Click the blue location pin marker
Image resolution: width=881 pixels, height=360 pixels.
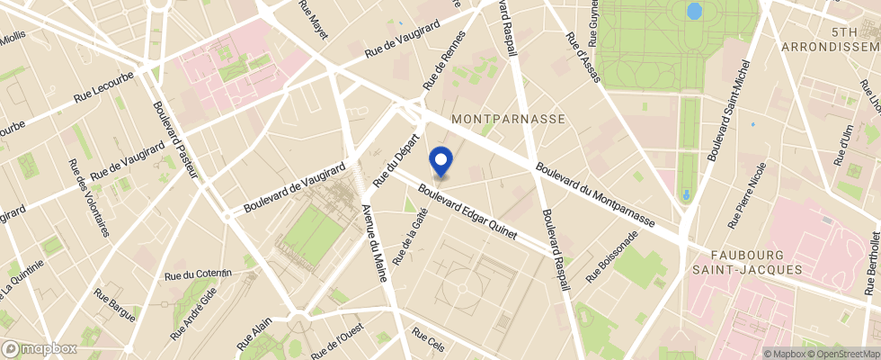[x=441, y=161]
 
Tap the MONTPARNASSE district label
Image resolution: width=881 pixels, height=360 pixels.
[x=508, y=119]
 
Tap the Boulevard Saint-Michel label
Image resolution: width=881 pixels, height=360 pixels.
[x=727, y=112]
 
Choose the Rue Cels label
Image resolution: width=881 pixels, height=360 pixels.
[x=429, y=341]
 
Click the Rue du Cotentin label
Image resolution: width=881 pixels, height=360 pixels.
[x=199, y=273]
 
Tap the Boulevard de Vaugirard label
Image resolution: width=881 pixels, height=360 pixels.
[x=296, y=189]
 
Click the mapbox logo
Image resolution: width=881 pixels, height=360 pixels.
[x=40, y=348]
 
